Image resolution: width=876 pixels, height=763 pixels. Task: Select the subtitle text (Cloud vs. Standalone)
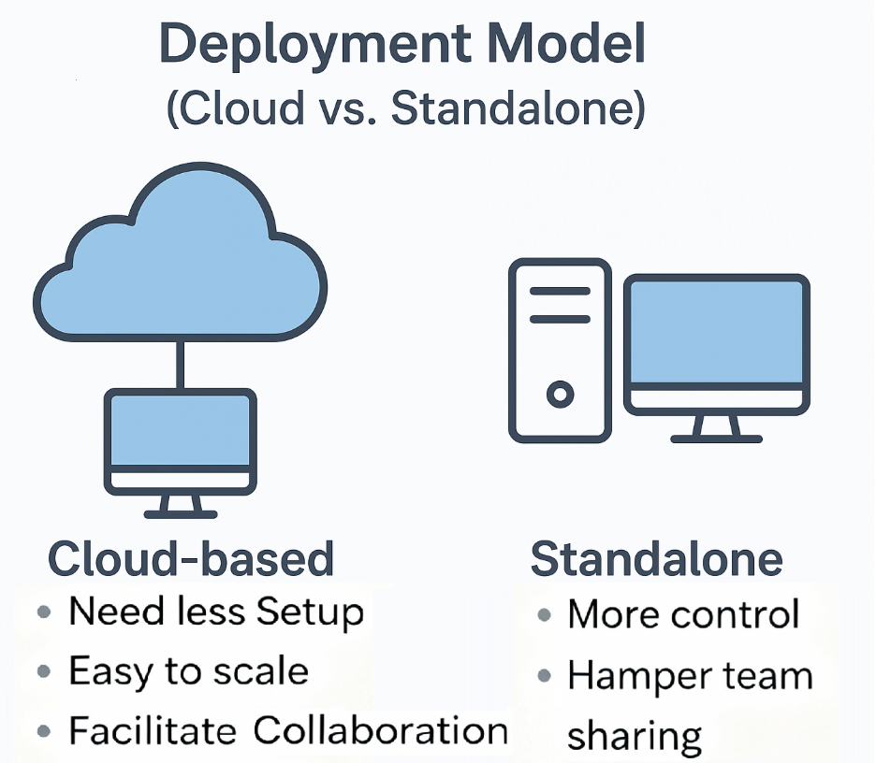pyautogui.click(x=405, y=109)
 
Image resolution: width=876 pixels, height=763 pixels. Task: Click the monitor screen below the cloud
pyautogui.click(x=179, y=429)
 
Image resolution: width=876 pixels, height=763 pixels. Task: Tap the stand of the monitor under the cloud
pyautogui.click(x=180, y=506)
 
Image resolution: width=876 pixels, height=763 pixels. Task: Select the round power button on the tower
pyautogui.click(x=560, y=395)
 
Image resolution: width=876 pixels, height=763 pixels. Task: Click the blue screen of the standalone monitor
pyautogui.click(x=716, y=331)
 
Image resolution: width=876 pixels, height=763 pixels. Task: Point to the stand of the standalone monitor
pyautogui.click(x=717, y=428)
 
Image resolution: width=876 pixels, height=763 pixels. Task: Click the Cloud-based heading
pyautogui.click(x=191, y=559)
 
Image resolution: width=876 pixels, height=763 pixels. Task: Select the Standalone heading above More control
pyautogui.click(x=656, y=559)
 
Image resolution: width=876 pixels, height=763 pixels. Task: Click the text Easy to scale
pyautogui.click(x=188, y=671)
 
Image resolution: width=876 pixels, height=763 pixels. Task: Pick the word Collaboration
pyautogui.click(x=380, y=730)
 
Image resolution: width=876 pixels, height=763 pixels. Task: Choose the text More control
pyautogui.click(x=683, y=614)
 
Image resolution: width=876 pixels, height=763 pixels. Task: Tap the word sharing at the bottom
pyautogui.click(x=634, y=735)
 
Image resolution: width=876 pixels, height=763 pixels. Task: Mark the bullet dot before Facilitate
pyautogui.click(x=43, y=730)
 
